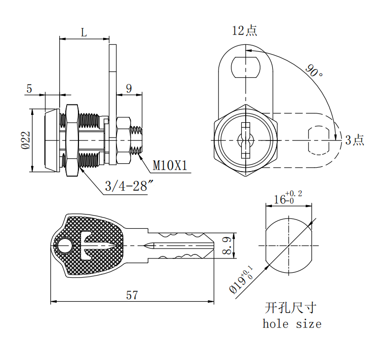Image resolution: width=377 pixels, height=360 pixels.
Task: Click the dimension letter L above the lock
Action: [84, 33]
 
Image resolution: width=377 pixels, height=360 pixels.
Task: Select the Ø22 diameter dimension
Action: [26, 140]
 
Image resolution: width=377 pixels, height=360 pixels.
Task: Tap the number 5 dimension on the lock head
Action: [29, 89]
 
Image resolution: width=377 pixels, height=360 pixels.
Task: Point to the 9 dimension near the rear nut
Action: [129, 88]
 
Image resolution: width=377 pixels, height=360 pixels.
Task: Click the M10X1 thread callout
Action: [170, 165]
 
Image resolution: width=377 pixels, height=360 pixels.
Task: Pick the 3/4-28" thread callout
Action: [129, 186]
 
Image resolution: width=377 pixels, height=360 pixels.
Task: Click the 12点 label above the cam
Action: [245, 31]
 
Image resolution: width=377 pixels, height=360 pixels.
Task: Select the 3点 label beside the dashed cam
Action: [355, 140]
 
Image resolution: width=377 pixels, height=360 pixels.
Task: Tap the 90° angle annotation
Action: [314, 71]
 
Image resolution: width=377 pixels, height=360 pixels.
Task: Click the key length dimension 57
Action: [132, 295]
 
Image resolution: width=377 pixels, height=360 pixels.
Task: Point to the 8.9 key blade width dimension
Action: [227, 246]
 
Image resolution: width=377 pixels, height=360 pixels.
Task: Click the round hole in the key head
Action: [65, 246]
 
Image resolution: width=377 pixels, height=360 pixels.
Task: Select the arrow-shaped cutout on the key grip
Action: [96, 246]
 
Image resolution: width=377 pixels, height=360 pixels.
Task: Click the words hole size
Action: [292, 324]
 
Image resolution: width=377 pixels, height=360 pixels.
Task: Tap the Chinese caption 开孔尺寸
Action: [291, 308]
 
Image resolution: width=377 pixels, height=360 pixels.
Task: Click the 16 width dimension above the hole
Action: [288, 198]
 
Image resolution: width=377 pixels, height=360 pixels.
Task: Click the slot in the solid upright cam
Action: [245, 67]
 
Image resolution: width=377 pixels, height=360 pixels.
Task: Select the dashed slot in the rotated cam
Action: [319, 140]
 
